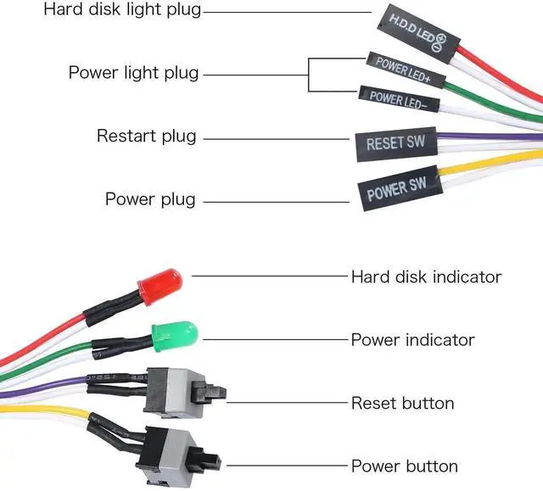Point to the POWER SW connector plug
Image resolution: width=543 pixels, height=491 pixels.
point(397,191)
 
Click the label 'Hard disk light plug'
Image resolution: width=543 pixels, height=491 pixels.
point(123,11)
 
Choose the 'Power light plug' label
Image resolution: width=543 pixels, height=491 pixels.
point(134,73)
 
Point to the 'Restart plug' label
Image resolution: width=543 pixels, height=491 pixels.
point(146,136)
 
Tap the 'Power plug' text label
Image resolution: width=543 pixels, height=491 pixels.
point(150,199)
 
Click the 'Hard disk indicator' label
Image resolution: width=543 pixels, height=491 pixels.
point(426,276)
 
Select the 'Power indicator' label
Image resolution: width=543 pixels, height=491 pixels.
point(412,339)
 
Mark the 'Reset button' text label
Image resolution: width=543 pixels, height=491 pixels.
point(402,403)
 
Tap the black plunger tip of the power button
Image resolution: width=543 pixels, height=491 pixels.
point(213,461)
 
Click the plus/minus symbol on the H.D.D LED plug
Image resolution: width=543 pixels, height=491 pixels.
point(450,39)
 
